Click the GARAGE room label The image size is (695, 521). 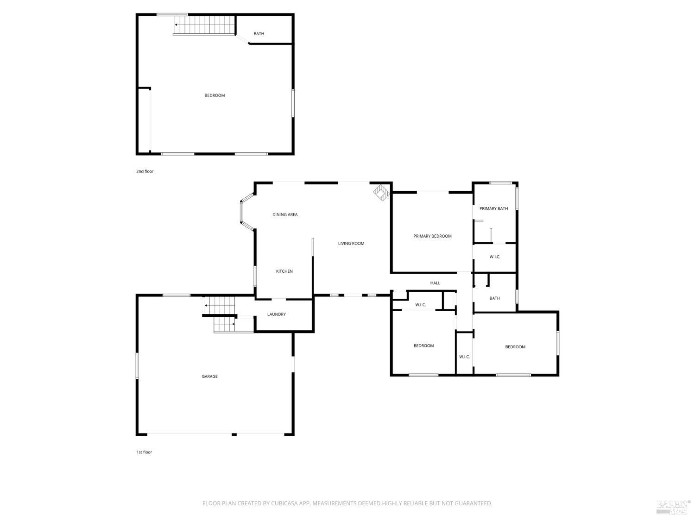coord(209,376)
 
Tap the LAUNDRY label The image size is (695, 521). coord(276,314)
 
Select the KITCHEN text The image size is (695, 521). coord(284,271)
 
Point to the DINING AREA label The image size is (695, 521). coord(284,214)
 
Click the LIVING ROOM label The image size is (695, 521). coord(351,243)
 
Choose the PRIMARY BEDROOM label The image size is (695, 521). coord(432,236)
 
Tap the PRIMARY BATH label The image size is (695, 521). coord(493,208)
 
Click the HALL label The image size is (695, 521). coord(435,283)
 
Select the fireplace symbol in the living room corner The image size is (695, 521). coord(381,192)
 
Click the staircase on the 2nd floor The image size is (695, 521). coord(204,25)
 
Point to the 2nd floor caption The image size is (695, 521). coord(145,171)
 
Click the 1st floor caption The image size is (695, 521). coord(144,452)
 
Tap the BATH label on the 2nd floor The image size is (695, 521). coord(259,33)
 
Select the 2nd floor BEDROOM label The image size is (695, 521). coord(215,95)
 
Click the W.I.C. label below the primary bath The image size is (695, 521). coord(494,257)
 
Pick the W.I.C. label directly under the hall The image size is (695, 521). coord(420,305)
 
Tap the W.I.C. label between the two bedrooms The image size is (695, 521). coord(464,357)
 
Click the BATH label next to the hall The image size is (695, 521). coord(494,298)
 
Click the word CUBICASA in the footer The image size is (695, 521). coord(284,503)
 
